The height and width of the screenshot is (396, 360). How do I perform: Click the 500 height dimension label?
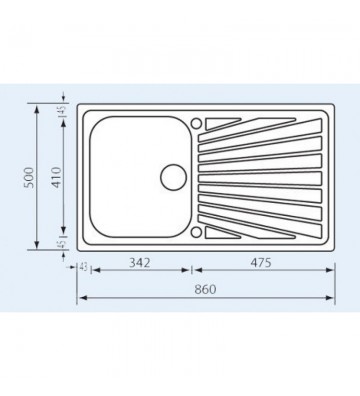click(x=30, y=177)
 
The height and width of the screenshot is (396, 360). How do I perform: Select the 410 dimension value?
click(x=57, y=177)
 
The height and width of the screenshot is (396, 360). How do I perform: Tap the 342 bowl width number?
click(x=140, y=263)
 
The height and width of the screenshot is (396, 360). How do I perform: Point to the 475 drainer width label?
click(x=261, y=263)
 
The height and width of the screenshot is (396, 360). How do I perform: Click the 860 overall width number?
click(x=205, y=289)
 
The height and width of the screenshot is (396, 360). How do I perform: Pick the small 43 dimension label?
click(x=83, y=267)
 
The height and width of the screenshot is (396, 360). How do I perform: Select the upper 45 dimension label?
click(x=63, y=110)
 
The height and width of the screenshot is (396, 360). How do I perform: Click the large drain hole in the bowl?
click(x=173, y=178)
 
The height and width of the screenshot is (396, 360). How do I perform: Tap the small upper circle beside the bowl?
click(x=196, y=123)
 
